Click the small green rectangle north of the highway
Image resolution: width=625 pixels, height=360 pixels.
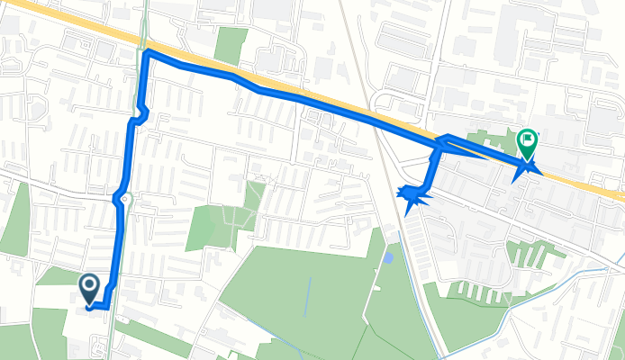(231, 44)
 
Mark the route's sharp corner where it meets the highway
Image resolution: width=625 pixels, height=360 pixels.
(146, 54)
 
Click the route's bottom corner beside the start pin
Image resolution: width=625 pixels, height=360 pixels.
(106, 307)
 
